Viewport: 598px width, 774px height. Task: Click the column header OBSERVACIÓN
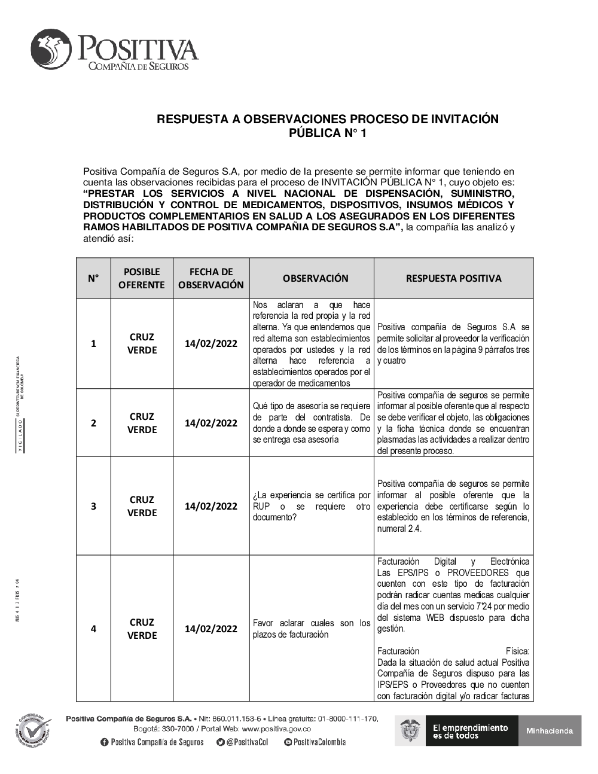pyautogui.click(x=315, y=278)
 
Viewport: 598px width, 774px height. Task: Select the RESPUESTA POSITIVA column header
pyautogui.click(x=453, y=278)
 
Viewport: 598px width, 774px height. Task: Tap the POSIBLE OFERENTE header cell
pyautogui.click(x=142, y=278)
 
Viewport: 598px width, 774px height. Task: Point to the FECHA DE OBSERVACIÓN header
pyautogui.click(x=211, y=278)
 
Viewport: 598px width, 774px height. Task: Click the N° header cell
pyautogui.click(x=93, y=278)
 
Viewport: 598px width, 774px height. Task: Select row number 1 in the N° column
pyautogui.click(x=93, y=343)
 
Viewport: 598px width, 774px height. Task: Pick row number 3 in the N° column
pyautogui.click(x=93, y=506)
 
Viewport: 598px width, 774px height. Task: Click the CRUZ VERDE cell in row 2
pyautogui.click(x=142, y=423)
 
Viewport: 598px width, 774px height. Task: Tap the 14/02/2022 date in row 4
pyautogui.click(x=211, y=629)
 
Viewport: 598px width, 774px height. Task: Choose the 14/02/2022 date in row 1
pyautogui.click(x=211, y=343)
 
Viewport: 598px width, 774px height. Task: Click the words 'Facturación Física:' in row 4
pyautogui.click(x=453, y=651)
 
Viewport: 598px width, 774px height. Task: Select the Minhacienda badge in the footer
pyautogui.click(x=550, y=730)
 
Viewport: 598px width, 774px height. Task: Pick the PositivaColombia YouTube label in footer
pyautogui.click(x=319, y=742)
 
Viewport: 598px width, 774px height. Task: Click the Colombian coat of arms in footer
pyautogui.click(x=410, y=730)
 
